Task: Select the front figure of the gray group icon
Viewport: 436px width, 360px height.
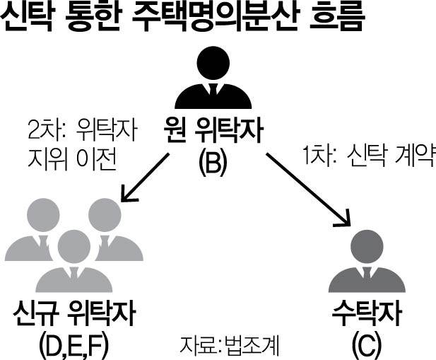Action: coord(72,262)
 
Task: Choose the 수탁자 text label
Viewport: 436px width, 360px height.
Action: coord(368,314)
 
